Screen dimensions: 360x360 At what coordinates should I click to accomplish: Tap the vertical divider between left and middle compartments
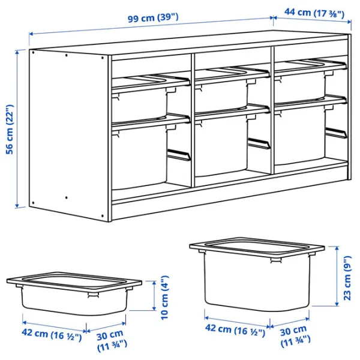[191, 120]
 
